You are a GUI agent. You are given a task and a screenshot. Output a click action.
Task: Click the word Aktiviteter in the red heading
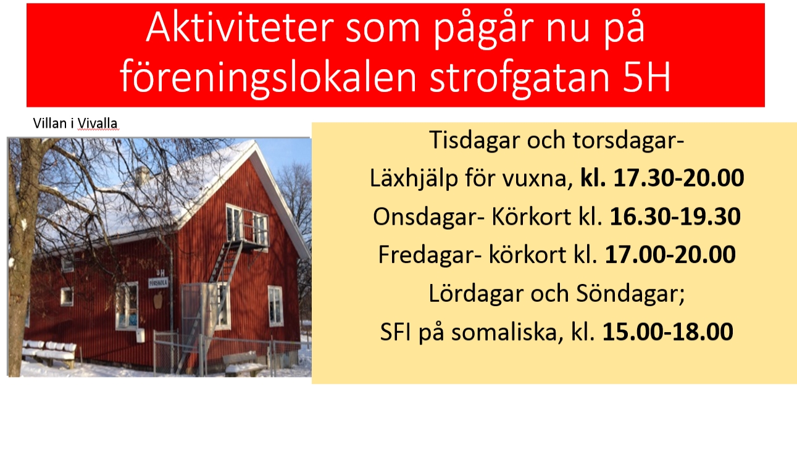(240, 28)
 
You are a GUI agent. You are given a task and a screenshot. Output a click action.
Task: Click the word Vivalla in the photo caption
(97, 123)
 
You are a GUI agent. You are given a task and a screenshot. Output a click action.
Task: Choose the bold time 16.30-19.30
(675, 216)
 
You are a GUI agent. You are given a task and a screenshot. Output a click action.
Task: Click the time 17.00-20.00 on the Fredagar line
(670, 254)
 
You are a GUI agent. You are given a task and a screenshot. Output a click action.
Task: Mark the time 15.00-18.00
(668, 331)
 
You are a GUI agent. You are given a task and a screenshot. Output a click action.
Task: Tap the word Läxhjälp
(414, 178)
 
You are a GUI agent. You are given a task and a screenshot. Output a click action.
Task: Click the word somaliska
(507, 332)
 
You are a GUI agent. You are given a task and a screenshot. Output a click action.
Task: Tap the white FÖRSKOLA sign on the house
(158, 283)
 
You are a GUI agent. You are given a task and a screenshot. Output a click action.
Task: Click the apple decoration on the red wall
(158, 301)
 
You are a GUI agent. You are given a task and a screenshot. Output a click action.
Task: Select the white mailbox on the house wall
(141, 336)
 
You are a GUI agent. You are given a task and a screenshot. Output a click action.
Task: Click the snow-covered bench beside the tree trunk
(49, 352)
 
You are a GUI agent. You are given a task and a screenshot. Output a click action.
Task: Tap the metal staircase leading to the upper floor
(210, 306)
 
